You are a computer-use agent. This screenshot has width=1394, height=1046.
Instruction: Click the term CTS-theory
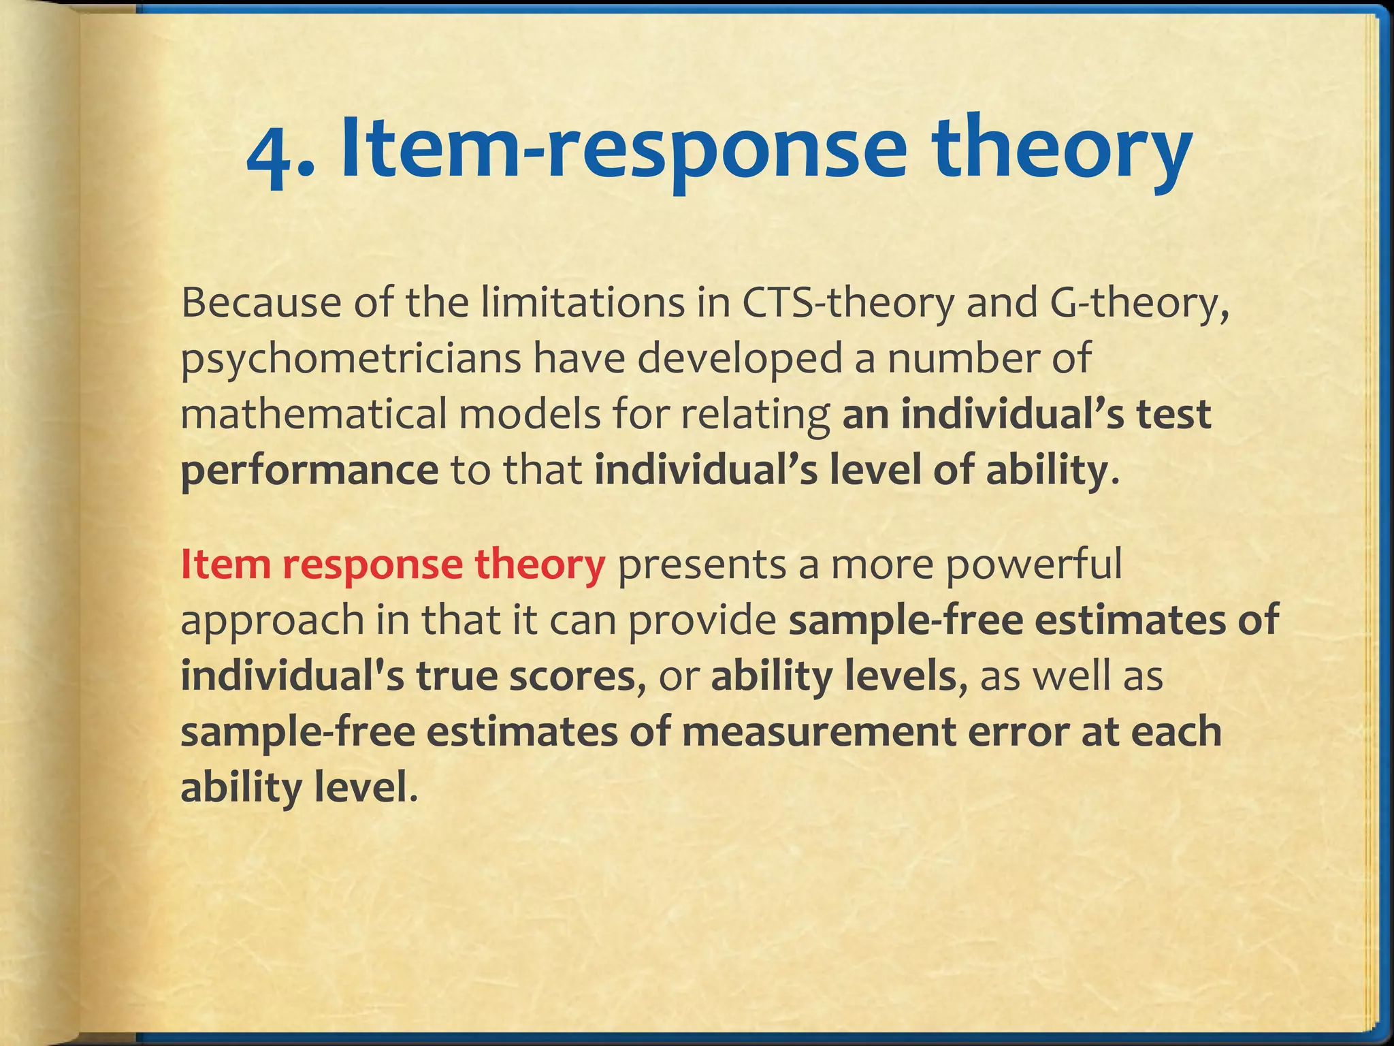point(848,304)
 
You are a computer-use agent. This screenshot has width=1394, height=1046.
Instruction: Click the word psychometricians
point(350,360)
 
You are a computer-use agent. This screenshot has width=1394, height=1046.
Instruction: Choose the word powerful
point(1034,565)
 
